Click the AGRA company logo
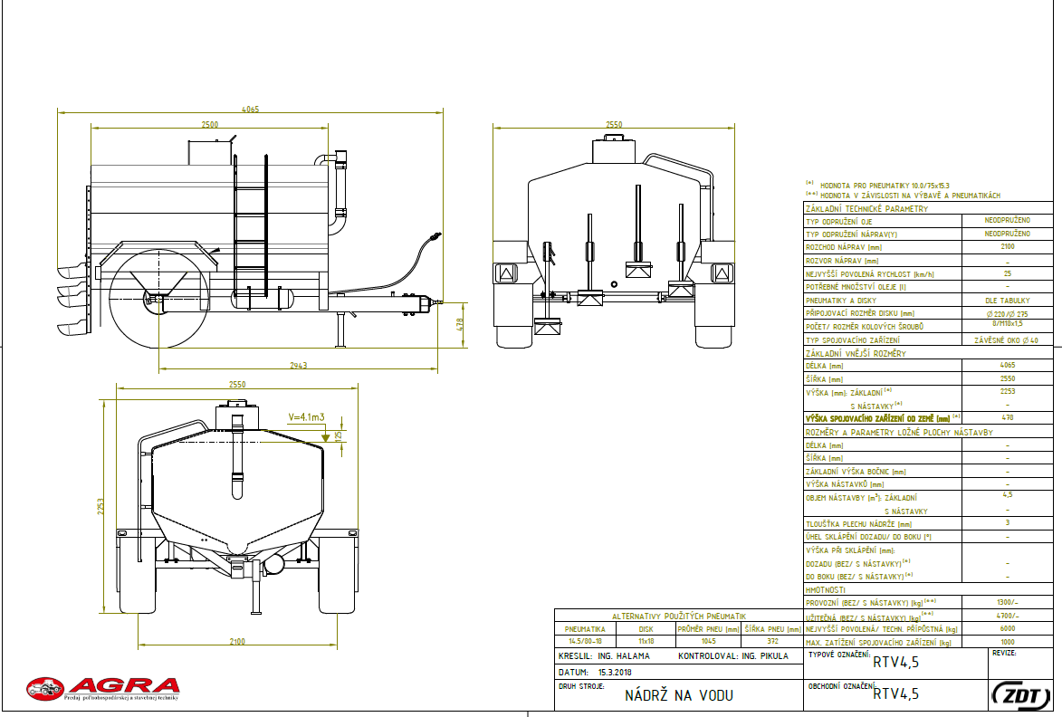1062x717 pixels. [x=102, y=688]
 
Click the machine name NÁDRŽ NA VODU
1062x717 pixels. [x=678, y=695]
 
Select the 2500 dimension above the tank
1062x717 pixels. [x=209, y=125]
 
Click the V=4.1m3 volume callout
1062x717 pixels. [x=306, y=417]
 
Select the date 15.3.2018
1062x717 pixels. [x=616, y=674]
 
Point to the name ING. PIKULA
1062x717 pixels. [x=765, y=655]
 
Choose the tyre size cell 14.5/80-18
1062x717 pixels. [x=585, y=641]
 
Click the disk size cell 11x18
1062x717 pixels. [x=646, y=641]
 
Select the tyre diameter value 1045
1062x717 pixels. [x=708, y=641]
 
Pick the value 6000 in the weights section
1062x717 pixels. [x=1008, y=628]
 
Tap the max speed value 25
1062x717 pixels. [x=1008, y=272]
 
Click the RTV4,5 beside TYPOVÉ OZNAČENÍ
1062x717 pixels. [x=895, y=663]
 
